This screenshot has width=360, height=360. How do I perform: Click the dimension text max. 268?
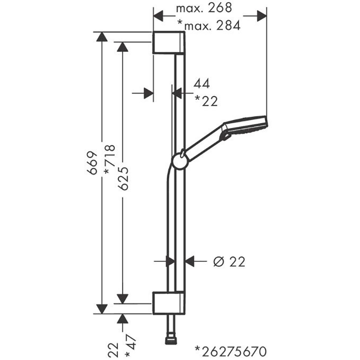pyautogui.click(x=204, y=8)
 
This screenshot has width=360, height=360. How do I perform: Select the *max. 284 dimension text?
pyautogui.click(x=209, y=25)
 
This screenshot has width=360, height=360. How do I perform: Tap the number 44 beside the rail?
pyautogui.click(x=202, y=84)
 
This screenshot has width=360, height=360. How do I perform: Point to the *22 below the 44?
pyautogui.click(x=206, y=101)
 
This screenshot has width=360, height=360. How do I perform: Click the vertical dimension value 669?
pyautogui.click(x=92, y=163)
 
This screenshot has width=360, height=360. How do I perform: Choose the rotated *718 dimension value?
pyautogui.click(x=109, y=159)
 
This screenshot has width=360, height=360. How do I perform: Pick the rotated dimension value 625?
pyautogui.click(x=123, y=178)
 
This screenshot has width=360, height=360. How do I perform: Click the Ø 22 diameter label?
pyautogui.click(x=229, y=262)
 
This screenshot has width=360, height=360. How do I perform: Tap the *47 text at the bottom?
pyautogui.click(x=131, y=346)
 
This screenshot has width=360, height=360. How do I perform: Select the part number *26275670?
pyautogui.click(x=231, y=351)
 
